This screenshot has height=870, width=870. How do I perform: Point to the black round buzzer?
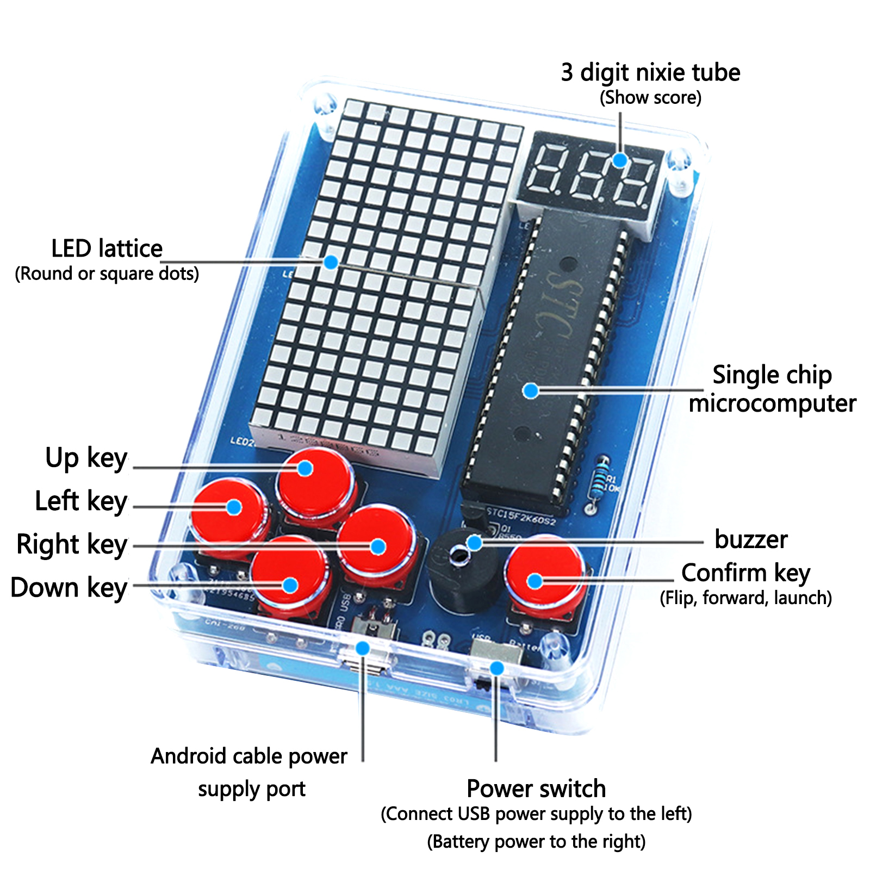(462, 571)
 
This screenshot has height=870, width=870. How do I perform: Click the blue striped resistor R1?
(599, 481)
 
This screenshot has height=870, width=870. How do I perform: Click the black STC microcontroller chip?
(544, 353)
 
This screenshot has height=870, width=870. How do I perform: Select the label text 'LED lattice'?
(107, 249)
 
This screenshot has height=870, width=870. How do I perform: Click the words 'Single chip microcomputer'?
(772, 389)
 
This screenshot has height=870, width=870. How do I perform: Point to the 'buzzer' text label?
(751, 539)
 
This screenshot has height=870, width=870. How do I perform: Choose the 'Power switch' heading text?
(536, 788)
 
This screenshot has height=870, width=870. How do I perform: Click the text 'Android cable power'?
(249, 756)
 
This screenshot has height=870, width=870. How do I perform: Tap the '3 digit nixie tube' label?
(650, 73)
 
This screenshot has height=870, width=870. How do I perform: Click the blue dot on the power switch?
(496, 668)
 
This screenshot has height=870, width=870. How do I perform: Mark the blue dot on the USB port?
(363, 648)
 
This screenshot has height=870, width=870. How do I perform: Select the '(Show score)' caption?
(650, 98)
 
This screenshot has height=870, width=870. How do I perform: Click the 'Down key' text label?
(69, 588)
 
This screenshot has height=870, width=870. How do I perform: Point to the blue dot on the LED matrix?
(331, 262)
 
